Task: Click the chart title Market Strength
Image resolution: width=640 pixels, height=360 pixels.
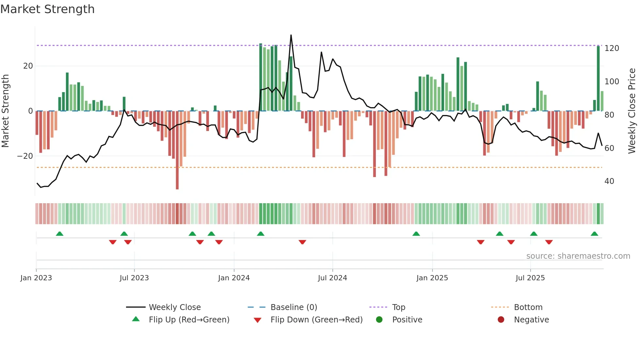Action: point(47,9)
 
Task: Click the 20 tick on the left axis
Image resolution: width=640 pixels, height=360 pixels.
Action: point(28,66)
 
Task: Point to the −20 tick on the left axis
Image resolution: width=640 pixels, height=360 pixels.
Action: point(25,156)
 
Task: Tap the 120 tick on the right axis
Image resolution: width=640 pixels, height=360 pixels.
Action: point(612,48)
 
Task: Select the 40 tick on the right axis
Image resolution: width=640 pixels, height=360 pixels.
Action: point(609,181)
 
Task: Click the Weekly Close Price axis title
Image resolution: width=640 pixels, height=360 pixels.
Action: point(632,111)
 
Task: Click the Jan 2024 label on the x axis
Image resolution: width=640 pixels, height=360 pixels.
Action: point(234,278)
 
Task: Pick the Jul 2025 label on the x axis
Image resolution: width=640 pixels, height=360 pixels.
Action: point(530,278)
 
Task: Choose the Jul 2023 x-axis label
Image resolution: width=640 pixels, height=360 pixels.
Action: point(134,278)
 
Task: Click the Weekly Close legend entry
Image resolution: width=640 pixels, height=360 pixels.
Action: point(175,307)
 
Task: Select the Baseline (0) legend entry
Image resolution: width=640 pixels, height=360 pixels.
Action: point(294,307)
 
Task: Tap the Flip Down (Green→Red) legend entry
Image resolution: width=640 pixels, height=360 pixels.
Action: point(316,320)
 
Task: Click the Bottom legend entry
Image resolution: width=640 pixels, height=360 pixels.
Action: point(528,307)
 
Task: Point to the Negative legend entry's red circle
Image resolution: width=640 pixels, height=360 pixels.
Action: point(501,320)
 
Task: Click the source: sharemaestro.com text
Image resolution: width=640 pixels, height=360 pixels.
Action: point(578,256)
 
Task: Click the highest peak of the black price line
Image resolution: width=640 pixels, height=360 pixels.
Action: point(291,35)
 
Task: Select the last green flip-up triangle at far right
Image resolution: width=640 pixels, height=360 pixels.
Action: point(594,234)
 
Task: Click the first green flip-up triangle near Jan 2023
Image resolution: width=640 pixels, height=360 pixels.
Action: point(59,234)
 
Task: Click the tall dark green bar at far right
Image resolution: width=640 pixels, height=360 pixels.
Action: point(598,78)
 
